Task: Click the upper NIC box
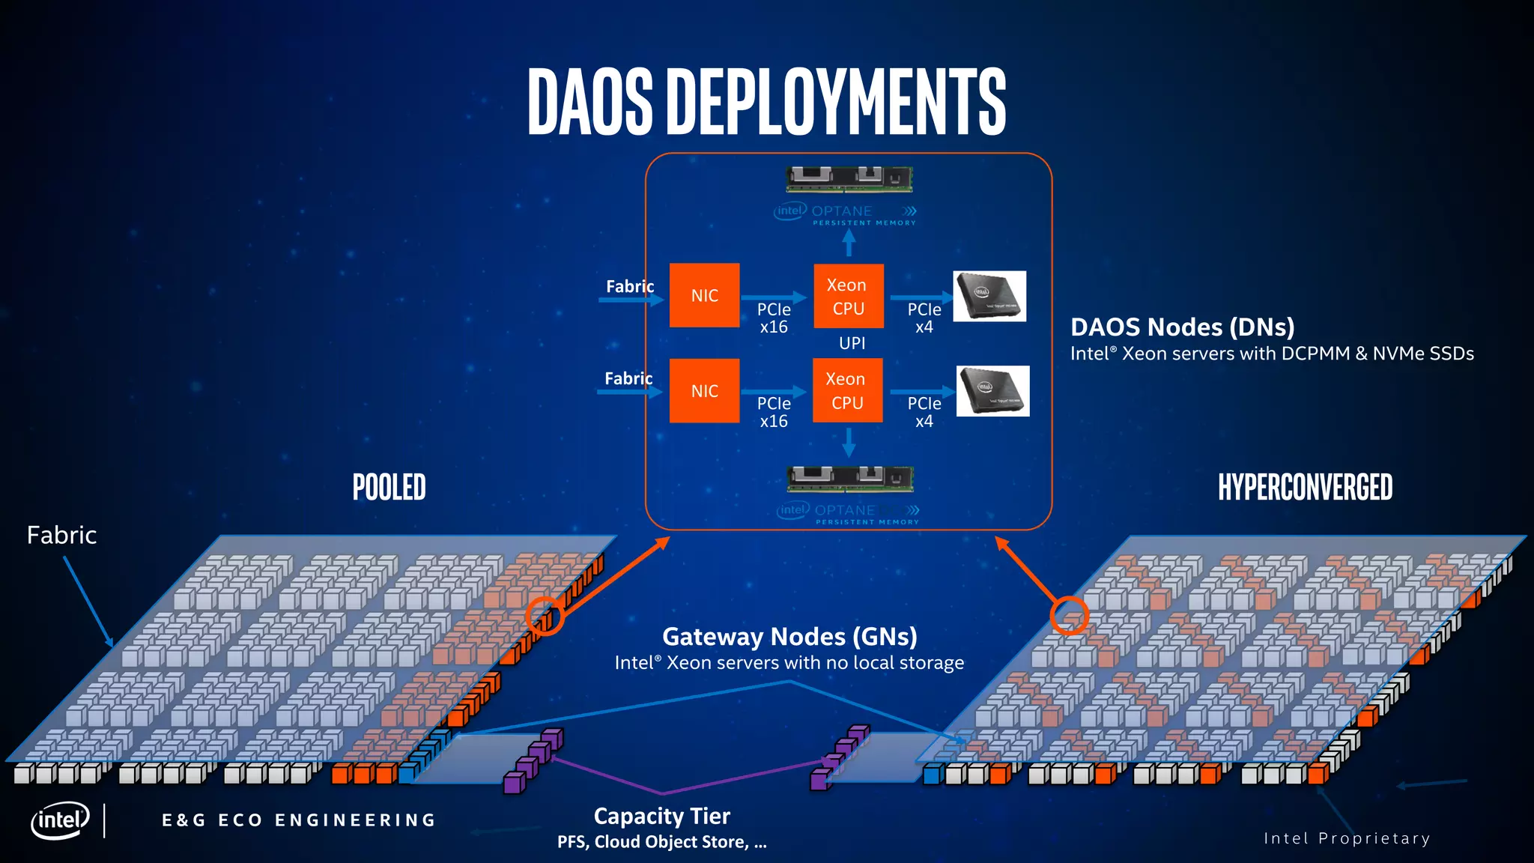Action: click(704, 295)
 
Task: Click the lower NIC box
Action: click(704, 390)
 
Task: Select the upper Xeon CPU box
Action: click(848, 296)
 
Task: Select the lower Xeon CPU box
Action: click(847, 390)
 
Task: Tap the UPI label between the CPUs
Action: click(852, 343)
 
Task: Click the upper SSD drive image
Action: click(989, 296)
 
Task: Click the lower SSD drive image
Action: click(992, 390)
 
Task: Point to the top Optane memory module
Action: click(849, 179)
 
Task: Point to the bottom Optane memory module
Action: click(850, 478)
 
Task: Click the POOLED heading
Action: click(389, 488)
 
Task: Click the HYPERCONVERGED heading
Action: click(1305, 488)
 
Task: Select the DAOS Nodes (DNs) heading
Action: click(1182, 327)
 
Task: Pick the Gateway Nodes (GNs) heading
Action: click(789, 637)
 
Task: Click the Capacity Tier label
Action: click(661, 816)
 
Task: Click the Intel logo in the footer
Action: click(60, 820)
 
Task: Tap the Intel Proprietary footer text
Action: click(1347, 838)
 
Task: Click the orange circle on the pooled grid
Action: click(545, 616)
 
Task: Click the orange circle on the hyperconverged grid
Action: click(1069, 615)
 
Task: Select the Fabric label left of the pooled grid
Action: click(61, 535)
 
